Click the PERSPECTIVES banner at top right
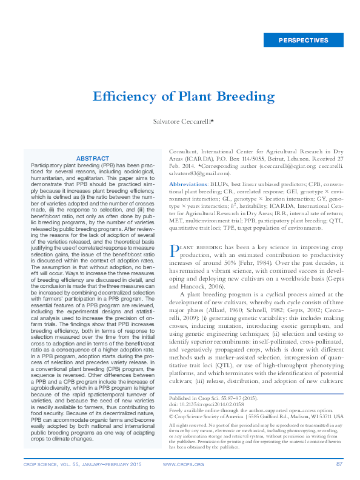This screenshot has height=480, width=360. [x=303, y=41]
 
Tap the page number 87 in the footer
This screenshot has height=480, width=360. [x=339, y=464]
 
